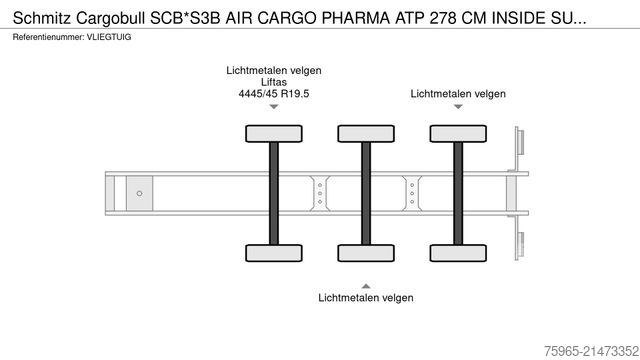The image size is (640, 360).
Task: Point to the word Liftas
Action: tap(273, 83)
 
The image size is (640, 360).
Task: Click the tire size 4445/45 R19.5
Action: tap(273, 96)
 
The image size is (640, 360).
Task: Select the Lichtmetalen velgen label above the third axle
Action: tap(458, 93)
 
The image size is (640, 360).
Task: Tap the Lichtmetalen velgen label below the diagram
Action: tap(366, 297)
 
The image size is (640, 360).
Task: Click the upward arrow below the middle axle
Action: tap(366, 280)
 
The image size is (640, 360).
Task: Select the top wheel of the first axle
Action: tap(273, 133)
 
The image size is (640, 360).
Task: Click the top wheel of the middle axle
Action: tap(366, 133)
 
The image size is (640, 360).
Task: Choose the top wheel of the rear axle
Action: tap(458, 133)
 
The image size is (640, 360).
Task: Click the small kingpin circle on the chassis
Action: tap(139, 192)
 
